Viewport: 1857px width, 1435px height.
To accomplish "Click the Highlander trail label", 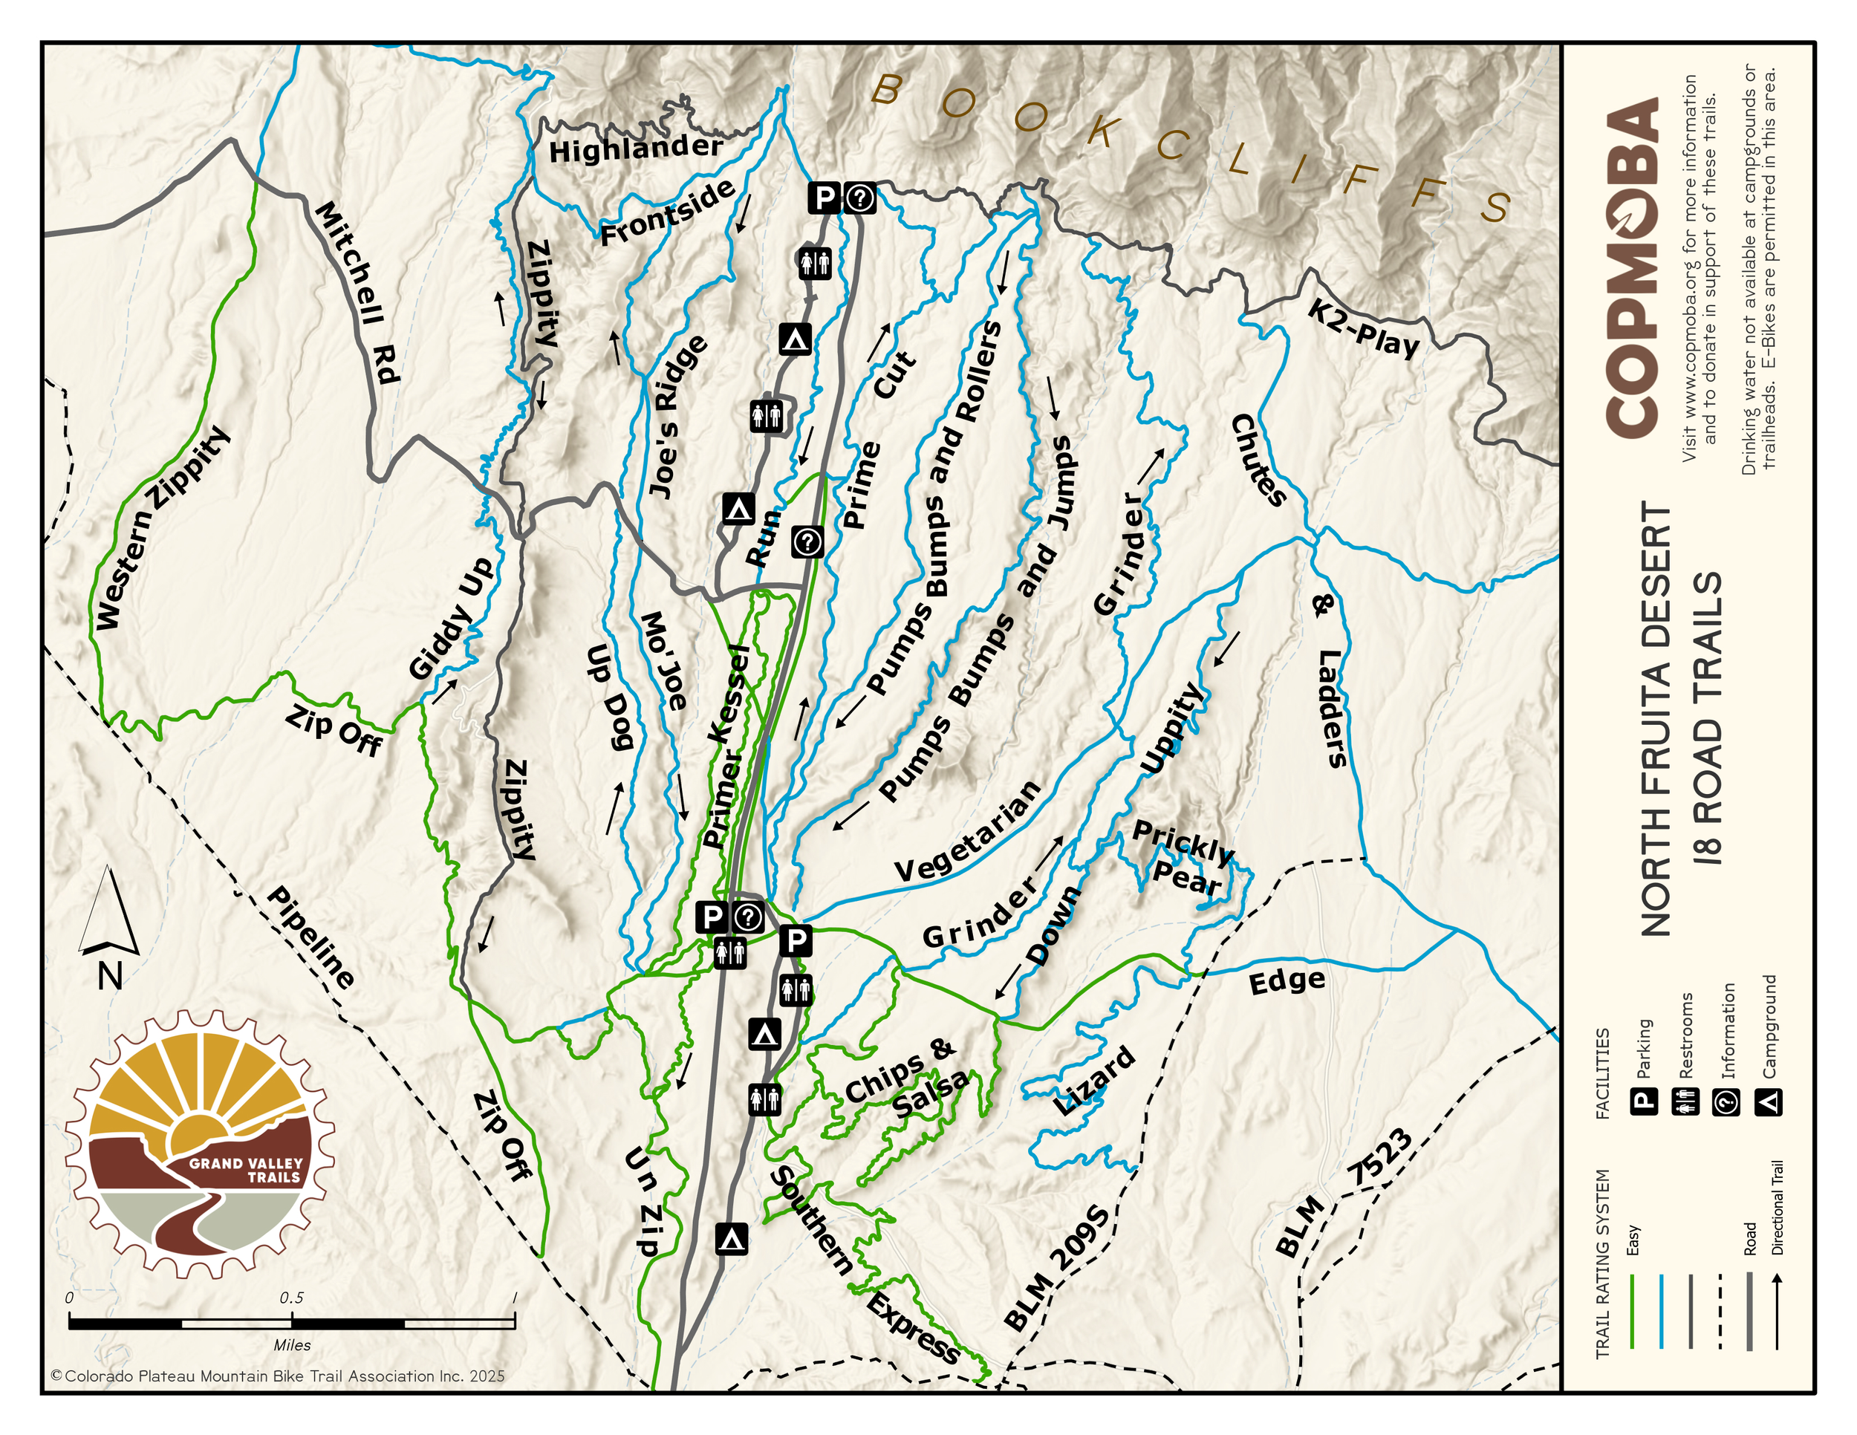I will coord(635,149).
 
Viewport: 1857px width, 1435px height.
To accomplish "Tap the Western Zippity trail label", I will coord(161,529).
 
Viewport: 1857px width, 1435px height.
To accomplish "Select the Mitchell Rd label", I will coord(357,293).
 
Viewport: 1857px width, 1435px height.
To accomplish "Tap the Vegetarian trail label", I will coord(968,831).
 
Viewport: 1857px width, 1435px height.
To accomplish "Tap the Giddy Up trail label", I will coord(451,618).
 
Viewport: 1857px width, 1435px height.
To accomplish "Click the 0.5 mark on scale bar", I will coord(292,1298).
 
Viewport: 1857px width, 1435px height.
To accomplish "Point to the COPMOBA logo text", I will coord(1632,268).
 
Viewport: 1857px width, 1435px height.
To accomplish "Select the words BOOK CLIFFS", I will coord(1191,145).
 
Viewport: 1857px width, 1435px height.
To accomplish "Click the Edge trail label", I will coord(1287,982).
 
